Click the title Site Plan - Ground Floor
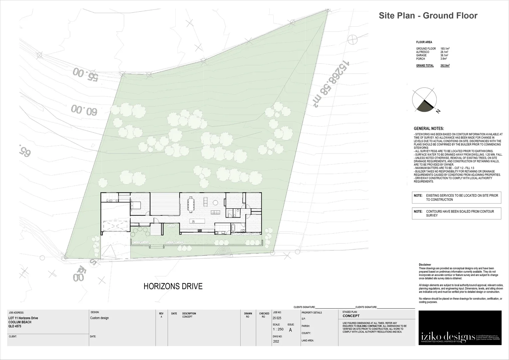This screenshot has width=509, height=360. click(428, 16)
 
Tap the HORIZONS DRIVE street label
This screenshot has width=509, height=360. click(173, 286)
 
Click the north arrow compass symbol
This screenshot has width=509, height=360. click(425, 100)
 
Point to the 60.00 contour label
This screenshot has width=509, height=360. click(84, 110)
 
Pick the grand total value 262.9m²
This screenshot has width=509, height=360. click(445, 66)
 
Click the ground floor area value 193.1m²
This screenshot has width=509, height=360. click(445, 49)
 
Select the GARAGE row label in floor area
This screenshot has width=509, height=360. click(421, 55)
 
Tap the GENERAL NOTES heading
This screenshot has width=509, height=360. click(429, 129)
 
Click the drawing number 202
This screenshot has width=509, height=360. click(276, 341)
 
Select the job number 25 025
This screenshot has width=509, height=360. click(277, 318)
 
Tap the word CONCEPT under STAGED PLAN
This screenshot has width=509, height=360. click(351, 316)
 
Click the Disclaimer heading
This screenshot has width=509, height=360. click(425, 265)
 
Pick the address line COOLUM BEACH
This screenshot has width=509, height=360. click(20, 322)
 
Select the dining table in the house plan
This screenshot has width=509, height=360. click(191, 204)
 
